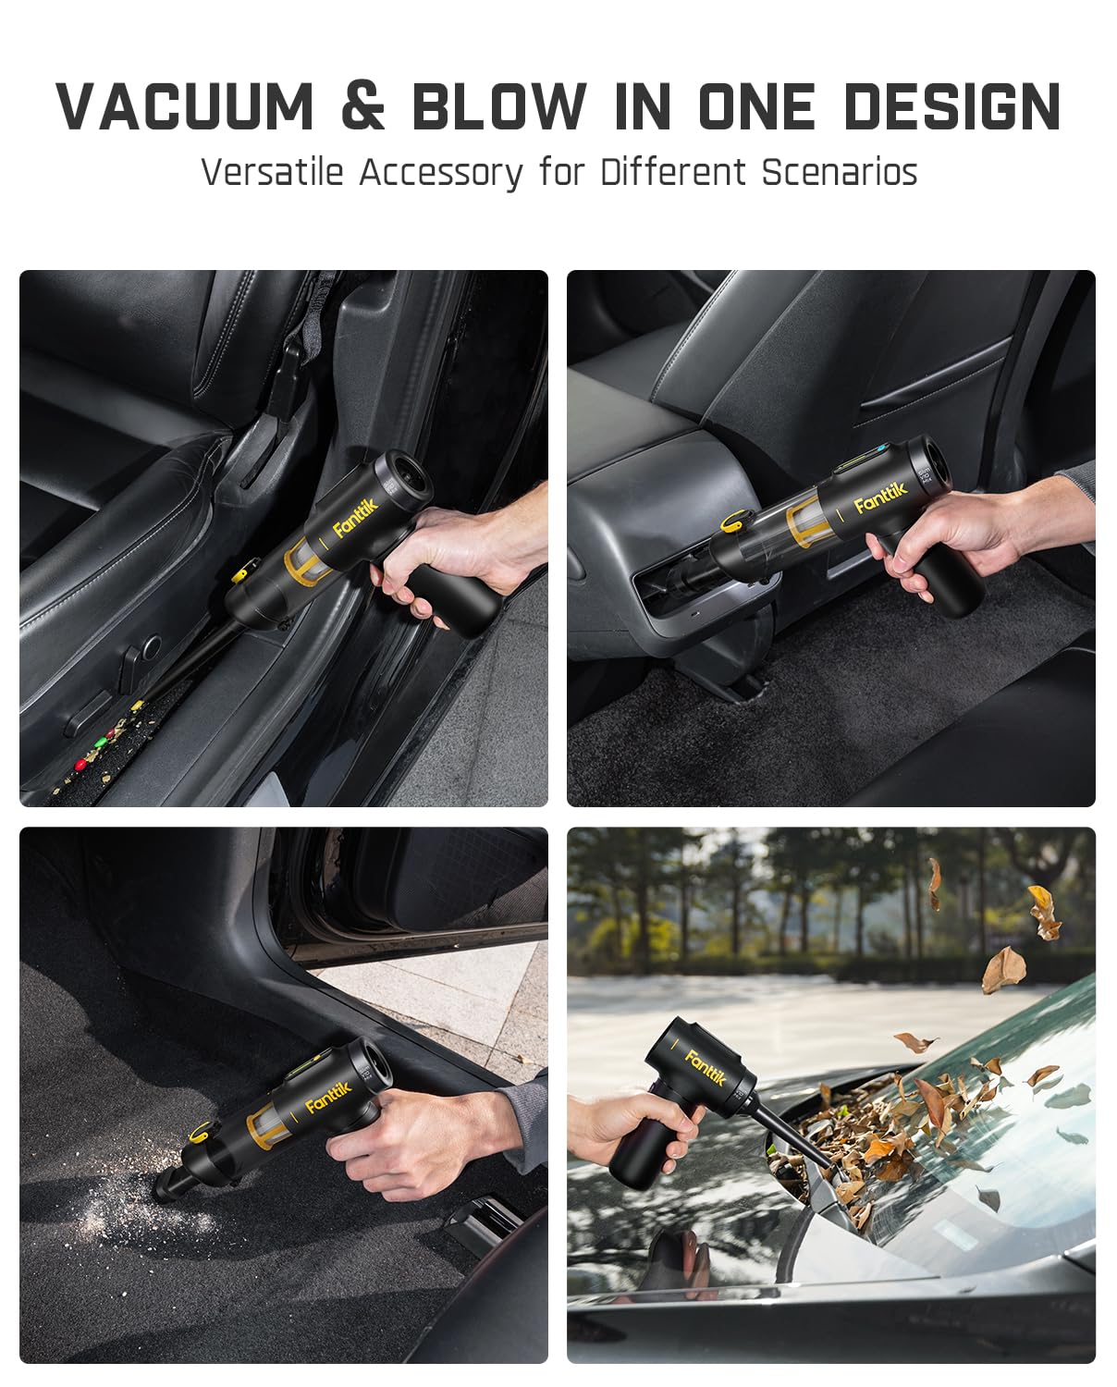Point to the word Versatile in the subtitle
point(272,173)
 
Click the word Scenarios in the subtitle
point(840,173)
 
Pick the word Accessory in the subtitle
point(441,174)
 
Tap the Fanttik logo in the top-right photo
point(880,497)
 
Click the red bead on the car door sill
point(80,765)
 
